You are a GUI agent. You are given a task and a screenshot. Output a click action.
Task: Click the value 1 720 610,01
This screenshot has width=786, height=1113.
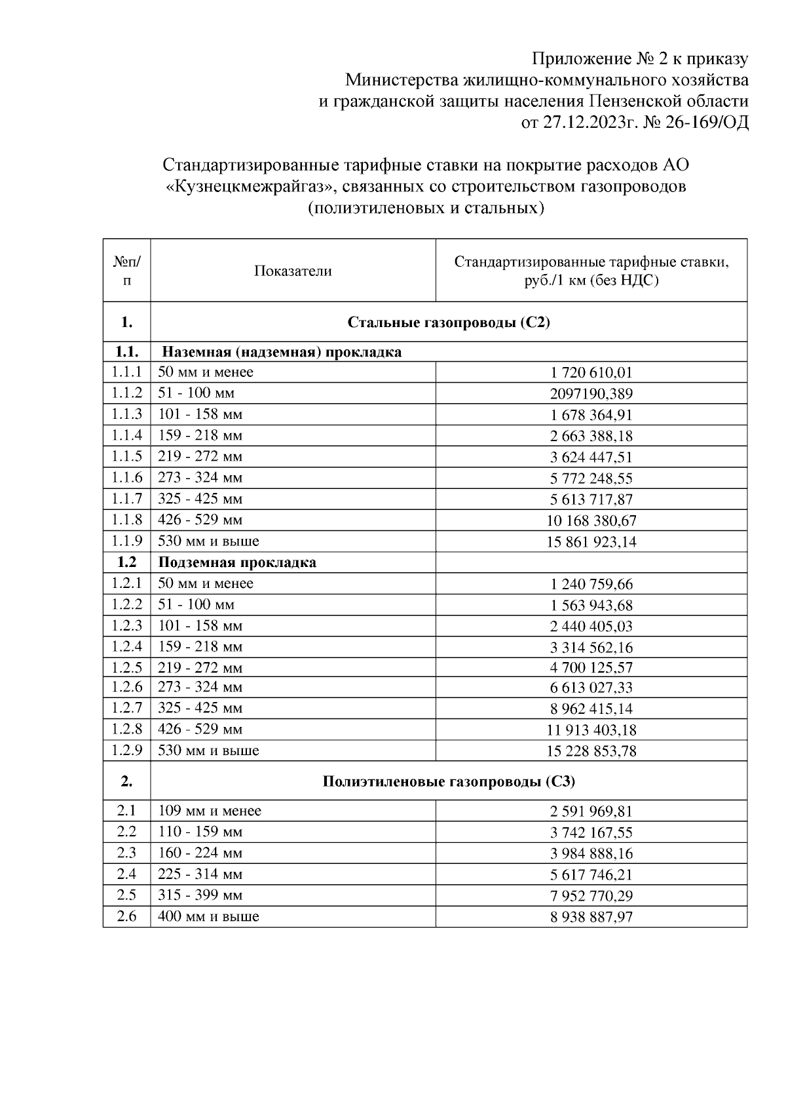click(591, 373)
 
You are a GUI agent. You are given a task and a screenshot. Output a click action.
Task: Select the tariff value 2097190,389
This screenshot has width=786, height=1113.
click(591, 394)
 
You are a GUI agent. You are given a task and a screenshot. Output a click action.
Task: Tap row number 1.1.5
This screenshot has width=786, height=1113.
click(126, 456)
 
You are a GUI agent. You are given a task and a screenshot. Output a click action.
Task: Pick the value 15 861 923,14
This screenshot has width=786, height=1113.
click(591, 541)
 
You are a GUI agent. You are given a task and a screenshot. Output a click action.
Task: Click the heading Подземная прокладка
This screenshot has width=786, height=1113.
click(237, 562)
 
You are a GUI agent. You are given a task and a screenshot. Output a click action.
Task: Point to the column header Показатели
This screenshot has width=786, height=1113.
click(293, 271)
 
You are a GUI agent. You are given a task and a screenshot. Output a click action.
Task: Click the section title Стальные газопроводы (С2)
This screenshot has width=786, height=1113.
click(449, 322)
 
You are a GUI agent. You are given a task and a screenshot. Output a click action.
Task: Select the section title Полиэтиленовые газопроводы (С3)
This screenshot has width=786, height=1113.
click(449, 781)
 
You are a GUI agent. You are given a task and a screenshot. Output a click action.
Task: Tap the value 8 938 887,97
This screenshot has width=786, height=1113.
click(591, 917)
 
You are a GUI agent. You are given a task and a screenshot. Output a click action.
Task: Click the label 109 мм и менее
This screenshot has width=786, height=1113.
click(210, 811)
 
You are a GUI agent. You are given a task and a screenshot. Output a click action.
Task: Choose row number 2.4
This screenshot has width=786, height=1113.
click(126, 874)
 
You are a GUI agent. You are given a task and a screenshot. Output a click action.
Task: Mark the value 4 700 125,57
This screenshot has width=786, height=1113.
click(591, 668)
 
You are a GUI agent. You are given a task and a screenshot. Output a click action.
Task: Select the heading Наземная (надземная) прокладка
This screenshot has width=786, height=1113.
click(282, 352)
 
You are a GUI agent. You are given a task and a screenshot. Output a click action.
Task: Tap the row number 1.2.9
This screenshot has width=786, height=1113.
click(126, 750)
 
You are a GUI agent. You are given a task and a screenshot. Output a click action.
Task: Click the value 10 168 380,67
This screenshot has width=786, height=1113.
click(591, 520)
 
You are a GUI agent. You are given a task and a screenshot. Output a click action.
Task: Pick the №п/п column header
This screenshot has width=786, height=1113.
click(126, 271)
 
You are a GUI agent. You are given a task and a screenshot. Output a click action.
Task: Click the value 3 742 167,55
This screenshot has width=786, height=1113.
click(591, 832)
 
